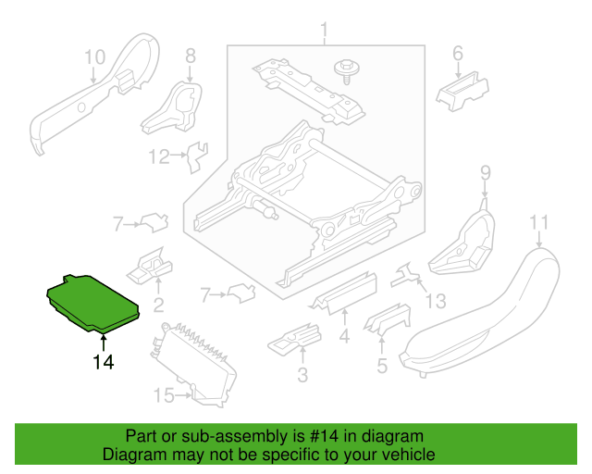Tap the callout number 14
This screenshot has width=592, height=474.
click(103, 362)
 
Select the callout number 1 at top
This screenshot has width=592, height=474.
click(325, 35)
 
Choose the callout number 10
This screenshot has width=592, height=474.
click(95, 57)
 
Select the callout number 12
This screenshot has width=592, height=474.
click(160, 156)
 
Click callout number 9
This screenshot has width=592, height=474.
click(484, 172)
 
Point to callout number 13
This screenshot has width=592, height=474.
click(435, 300)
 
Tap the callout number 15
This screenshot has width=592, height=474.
click(163, 396)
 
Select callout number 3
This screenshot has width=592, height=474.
click(302, 375)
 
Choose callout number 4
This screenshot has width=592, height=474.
click(343, 337)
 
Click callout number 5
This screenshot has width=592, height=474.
click(381, 366)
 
